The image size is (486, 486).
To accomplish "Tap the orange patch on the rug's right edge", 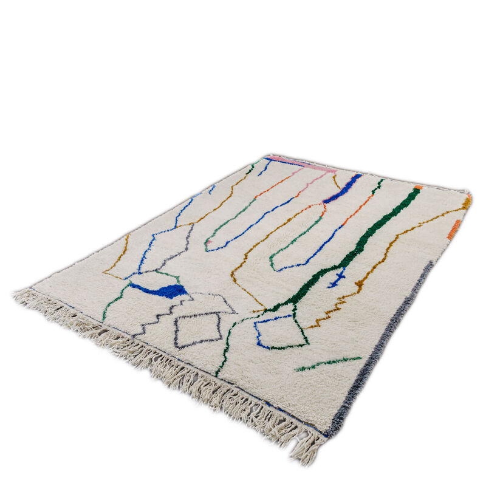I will pyautogui.click(x=454, y=229).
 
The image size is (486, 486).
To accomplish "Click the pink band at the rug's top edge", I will pyautogui.click(x=301, y=163).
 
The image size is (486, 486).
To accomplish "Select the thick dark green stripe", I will pyautogui.click(x=364, y=243).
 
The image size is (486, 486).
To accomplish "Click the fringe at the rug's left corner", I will pyautogui.click(x=24, y=298).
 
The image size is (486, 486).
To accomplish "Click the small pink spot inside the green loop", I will pyautogui.click(x=208, y=242).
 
